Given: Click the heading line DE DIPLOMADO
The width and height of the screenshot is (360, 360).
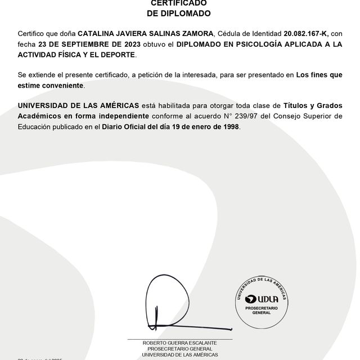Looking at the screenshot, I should [179, 13].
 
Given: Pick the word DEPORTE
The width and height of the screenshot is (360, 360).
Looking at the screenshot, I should [118, 55].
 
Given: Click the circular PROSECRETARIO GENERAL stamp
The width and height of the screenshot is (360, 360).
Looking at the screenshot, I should [262, 304].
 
